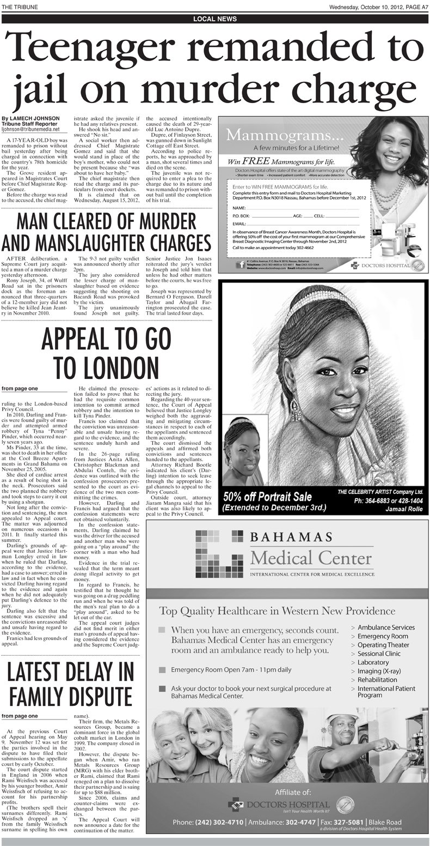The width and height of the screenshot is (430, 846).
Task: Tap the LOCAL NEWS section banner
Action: pos(215,19)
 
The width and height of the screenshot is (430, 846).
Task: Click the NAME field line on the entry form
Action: pos(305,208)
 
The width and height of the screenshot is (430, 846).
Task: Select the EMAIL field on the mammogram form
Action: pos(305,224)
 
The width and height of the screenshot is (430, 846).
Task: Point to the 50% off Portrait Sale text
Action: pos(267,497)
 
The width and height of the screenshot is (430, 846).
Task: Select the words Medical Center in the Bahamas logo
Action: pos(311,558)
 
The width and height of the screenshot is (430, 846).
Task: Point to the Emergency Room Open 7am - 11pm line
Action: pos(231,669)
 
